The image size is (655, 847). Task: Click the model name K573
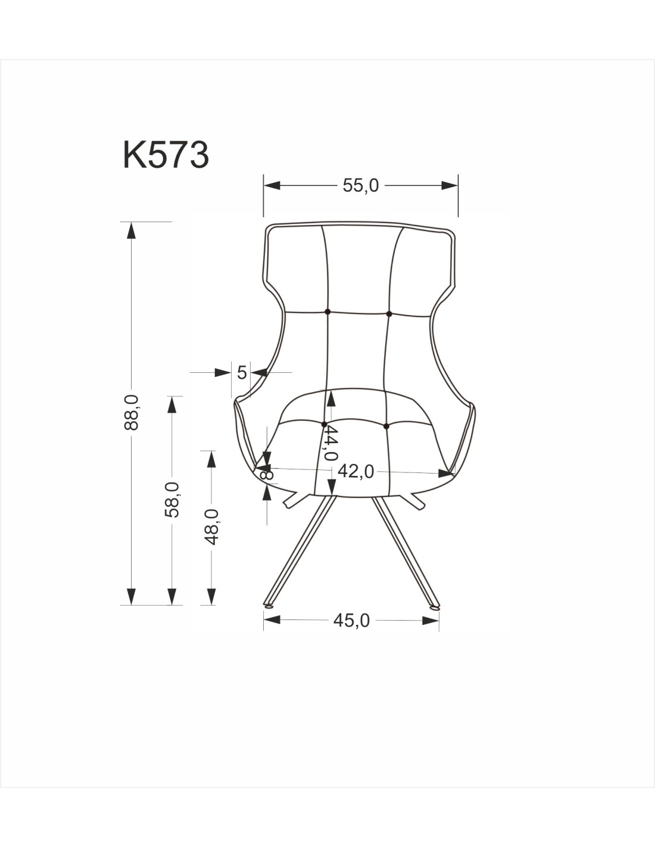pos(166,155)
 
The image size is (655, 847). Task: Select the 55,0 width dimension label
pos(360,185)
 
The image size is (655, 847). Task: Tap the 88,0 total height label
pos(132,412)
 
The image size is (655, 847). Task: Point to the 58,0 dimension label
pos(172,500)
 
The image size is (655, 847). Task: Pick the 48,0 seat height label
pos(211,527)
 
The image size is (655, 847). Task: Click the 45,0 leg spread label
pos(351,620)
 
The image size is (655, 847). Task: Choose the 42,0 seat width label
pos(355,472)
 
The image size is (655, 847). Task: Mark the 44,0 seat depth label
pos(331,443)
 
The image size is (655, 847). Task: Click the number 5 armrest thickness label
pos(242,373)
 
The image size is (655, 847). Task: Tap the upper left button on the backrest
pos(327,312)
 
